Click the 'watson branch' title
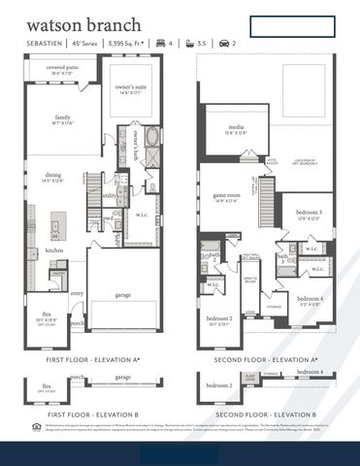click(x=83, y=24)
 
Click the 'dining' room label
click(x=52, y=175)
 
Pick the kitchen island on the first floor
click(x=55, y=225)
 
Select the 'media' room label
click(x=236, y=127)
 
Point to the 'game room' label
click(x=226, y=196)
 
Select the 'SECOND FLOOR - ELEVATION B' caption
click(x=265, y=415)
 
